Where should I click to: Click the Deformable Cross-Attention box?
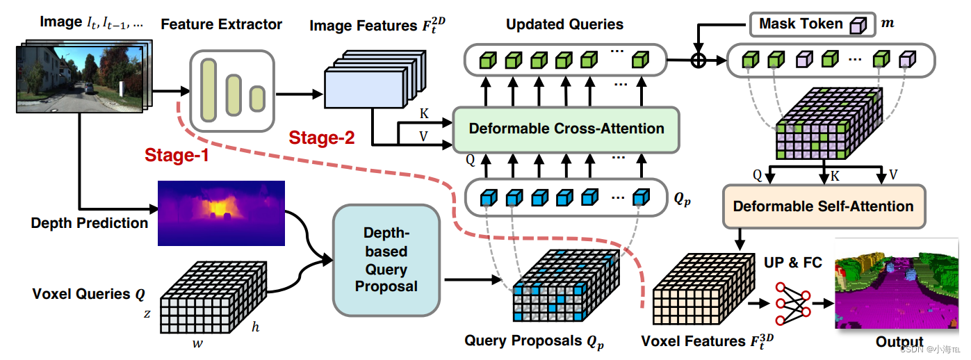(x=566, y=129)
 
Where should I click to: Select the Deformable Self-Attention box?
(x=824, y=206)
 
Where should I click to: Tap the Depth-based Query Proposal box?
(x=386, y=260)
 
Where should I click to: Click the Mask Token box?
(x=813, y=24)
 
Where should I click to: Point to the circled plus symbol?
(x=698, y=60)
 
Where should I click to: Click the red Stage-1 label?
(x=177, y=155)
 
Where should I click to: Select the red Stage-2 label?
(x=322, y=138)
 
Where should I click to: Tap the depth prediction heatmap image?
(x=221, y=213)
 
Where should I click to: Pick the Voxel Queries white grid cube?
(x=213, y=297)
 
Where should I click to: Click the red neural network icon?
(x=793, y=304)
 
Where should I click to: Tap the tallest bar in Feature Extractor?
(x=209, y=90)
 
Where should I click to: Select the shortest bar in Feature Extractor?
(x=257, y=99)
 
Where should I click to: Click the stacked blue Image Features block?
(x=375, y=79)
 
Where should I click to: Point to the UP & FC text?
(x=793, y=263)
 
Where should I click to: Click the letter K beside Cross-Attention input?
(x=424, y=114)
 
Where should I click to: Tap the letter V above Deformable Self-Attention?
(x=893, y=174)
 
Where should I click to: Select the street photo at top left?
(x=84, y=76)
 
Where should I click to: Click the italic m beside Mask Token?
(x=888, y=24)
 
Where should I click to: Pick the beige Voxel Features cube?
(x=703, y=288)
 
